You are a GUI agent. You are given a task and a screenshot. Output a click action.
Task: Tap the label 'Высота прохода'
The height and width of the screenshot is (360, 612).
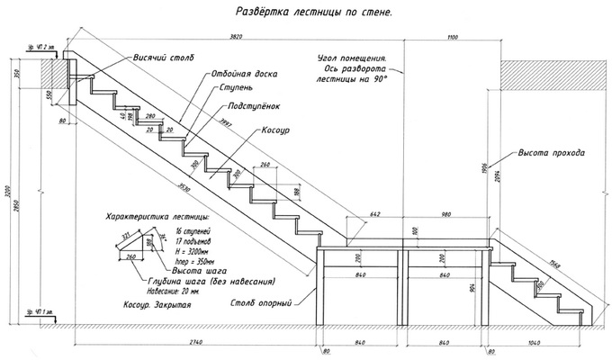pos(551,153)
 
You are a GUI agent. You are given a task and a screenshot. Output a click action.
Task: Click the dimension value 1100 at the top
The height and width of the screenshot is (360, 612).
pos(451,35)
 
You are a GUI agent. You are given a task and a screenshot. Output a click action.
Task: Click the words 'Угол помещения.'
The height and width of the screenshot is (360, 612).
pos(355,56)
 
